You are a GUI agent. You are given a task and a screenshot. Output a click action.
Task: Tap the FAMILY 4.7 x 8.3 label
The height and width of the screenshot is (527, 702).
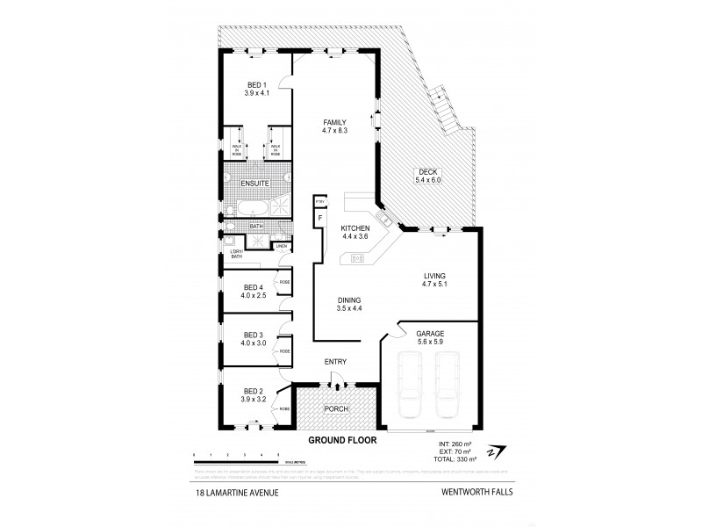pyautogui.click(x=334, y=126)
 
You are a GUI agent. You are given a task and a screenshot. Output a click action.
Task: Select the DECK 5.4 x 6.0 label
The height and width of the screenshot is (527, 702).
pyautogui.click(x=428, y=176)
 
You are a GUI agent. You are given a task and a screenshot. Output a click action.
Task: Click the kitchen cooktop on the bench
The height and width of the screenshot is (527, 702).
pyautogui.click(x=358, y=257)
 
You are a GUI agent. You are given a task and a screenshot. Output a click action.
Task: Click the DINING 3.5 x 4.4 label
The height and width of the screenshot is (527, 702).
pyautogui.click(x=350, y=304)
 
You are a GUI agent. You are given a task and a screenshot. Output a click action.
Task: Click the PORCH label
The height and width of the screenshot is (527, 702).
pyautogui.click(x=336, y=408)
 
